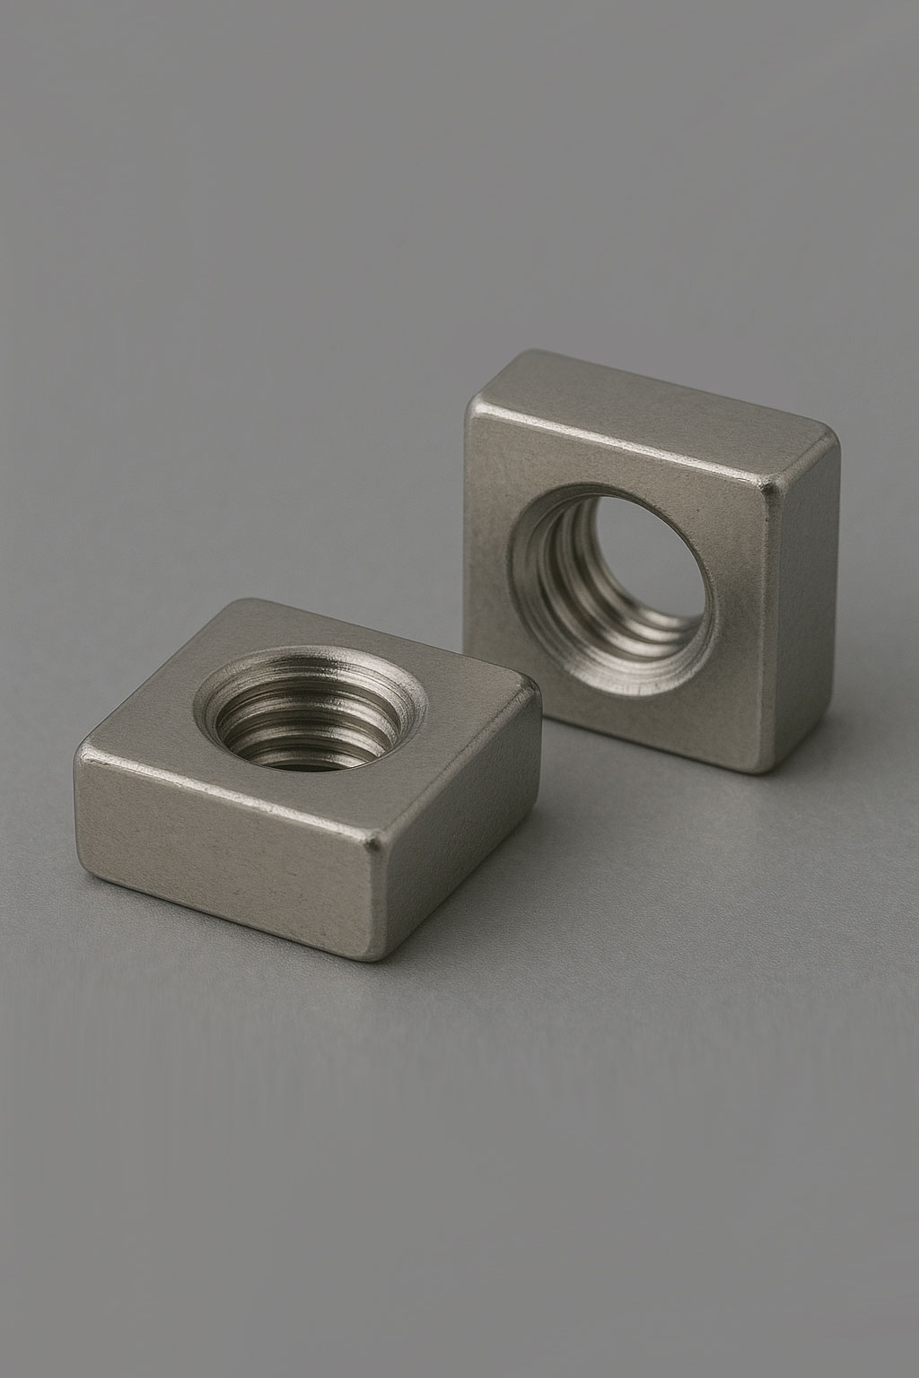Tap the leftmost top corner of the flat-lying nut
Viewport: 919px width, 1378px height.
click(84, 745)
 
